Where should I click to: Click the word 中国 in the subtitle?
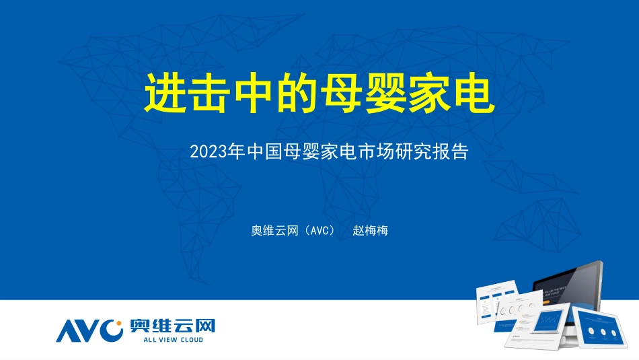264,151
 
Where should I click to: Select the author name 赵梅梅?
371,231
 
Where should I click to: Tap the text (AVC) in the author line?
319,231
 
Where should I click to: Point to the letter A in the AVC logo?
69,330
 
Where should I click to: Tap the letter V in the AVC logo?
91,330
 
